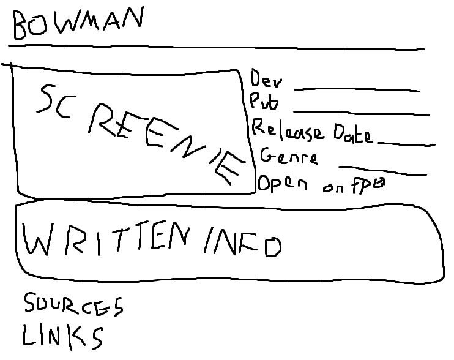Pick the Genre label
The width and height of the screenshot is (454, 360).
(289, 156)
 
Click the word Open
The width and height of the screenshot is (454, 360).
(283, 184)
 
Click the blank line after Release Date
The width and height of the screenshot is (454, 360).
(406, 144)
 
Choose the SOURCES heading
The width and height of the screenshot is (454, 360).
(73, 305)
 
